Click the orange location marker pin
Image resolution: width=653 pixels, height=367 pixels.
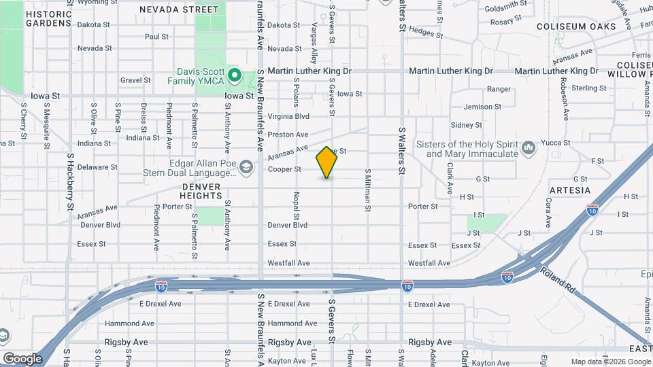pos(327,162)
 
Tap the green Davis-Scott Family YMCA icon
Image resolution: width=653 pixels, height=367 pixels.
pos(235,75)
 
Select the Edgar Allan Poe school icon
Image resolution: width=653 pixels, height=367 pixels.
pos(247,167)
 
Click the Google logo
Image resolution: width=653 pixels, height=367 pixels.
pos(22,358)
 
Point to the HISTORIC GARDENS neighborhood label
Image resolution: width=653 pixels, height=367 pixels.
pos(48,18)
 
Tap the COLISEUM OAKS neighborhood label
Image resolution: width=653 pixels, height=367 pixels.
pos(575,27)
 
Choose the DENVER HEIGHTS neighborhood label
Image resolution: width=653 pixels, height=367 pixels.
pos(201,191)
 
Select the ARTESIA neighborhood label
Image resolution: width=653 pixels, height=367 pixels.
pos(569,190)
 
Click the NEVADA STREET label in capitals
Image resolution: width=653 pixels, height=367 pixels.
pos(179,10)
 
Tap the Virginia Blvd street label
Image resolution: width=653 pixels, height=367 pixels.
pos(288,116)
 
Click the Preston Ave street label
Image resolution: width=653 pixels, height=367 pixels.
pos(288,135)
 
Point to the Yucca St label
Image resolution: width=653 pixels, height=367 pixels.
pos(556,143)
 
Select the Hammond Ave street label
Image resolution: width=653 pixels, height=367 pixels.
pos(292,324)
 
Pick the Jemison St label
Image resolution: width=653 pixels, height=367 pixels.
pos(482,107)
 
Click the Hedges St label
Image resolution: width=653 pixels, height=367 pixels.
pos(426,32)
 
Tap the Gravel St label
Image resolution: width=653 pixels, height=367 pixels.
pos(135,80)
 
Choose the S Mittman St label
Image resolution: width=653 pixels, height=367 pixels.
pos(367,190)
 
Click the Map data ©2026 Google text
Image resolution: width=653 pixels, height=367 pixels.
pos(609,362)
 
